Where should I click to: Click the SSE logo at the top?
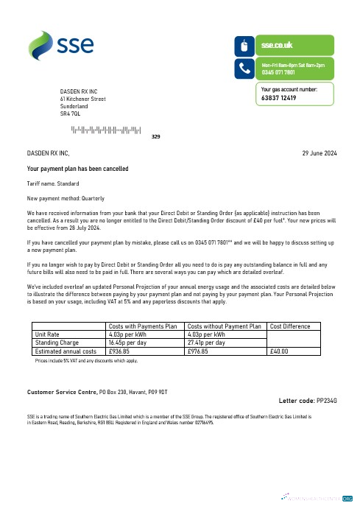[x=60, y=45]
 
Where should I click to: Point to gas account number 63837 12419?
[x=279, y=97]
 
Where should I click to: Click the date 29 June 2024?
[x=320, y=153]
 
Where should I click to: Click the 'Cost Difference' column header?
[x=290, y=326]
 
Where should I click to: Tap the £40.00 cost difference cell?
[x=280, y=351]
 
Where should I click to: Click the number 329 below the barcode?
[x=155, y=137]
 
